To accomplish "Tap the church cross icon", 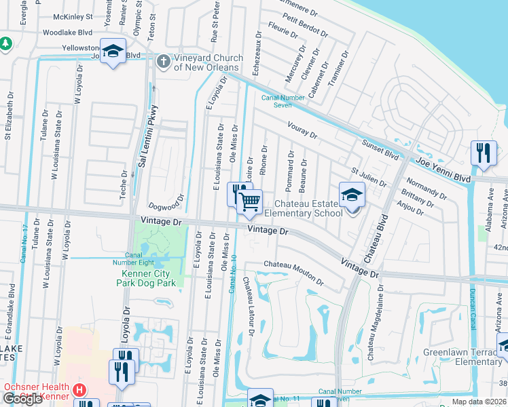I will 163,62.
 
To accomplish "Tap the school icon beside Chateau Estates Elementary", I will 352,195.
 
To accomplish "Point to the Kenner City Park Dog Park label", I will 146,278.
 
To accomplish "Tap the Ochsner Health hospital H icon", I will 79,390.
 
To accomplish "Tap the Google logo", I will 22,398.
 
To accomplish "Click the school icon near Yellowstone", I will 113,52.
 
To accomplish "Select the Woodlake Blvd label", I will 67,32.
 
